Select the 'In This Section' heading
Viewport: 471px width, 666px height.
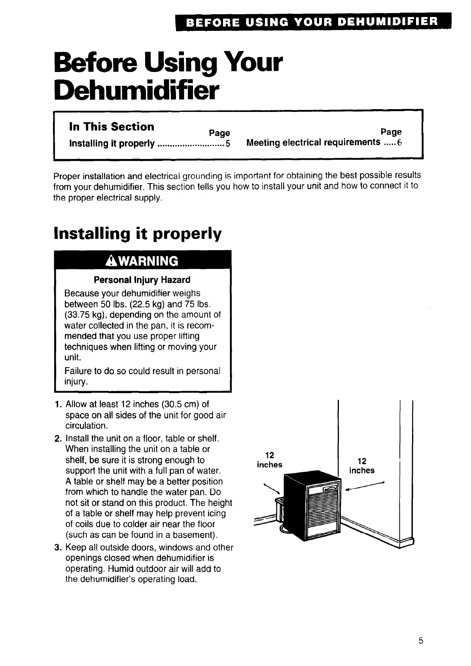[x=112, y=127]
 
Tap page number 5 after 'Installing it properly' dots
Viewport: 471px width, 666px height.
[x=228, y=143]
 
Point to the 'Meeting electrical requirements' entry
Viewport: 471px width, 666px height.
[x=313, y=142]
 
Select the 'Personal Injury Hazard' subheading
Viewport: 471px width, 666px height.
[x=142, y=280]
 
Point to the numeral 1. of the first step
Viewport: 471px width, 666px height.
[x=57, y=404]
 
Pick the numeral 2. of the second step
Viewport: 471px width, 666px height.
[x=57, y=439]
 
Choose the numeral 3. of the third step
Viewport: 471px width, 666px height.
[x=57, y=547]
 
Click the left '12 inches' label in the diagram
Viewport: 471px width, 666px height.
[x=270, y=460]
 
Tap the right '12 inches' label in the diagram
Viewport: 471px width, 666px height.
[x=361, y=466]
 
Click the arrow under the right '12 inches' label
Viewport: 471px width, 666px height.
[x=365, y=486]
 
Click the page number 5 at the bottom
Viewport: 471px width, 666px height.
[x=421, y=641]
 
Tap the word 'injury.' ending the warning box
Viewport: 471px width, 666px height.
[x=76, y=382]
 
